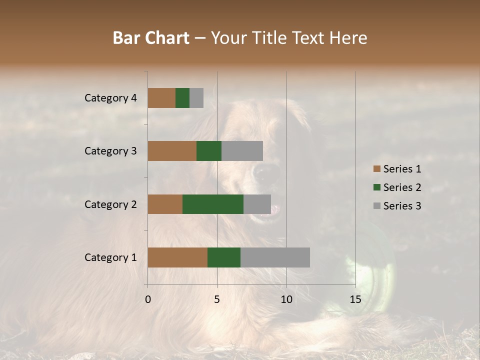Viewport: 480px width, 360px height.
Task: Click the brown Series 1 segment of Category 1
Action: coord(177,257)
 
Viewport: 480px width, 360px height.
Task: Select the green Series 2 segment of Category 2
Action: coord(213,204)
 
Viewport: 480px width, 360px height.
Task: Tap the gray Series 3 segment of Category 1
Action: coord(275,257)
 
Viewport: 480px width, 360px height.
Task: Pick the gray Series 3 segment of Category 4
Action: coord(196,98)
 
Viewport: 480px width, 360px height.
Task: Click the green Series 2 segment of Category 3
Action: coord(209,151)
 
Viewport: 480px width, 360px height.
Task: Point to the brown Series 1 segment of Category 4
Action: coord(161,98)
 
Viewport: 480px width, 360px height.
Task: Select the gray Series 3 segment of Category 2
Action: coord(257,204)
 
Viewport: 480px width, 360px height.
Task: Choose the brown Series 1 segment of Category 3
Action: coord(172,151)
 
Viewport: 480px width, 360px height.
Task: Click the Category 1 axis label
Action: coord(110,257)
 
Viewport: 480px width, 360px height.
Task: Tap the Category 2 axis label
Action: coord(110,204)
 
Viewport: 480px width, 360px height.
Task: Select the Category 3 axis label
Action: coord(110,151)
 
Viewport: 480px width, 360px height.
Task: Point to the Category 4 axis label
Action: coord(110,98)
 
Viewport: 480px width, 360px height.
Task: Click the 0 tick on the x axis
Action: coord(148,299)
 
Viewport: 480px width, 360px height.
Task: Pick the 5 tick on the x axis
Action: coord(217,299)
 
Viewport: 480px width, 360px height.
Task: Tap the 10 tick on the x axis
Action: coord(286,299)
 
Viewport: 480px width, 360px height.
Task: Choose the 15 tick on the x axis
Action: coord(355,299)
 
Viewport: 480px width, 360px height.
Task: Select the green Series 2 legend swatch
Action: coord(376,187)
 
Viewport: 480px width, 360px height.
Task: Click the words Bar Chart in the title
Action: coord(151,38)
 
